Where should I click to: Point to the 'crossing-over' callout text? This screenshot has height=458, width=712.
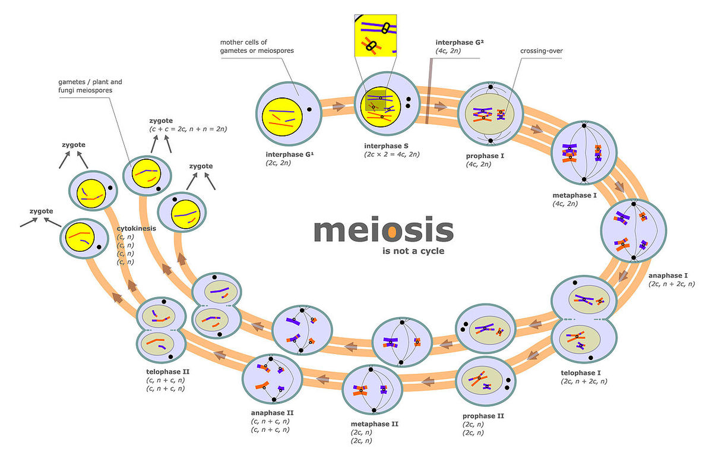pos(541,51)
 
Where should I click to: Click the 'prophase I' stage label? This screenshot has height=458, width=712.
pos(486,156)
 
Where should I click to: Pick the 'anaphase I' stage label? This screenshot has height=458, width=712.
pos(668,276)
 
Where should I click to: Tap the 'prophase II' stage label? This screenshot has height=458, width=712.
pos(483,416)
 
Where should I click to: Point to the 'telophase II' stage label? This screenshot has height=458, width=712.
pos(166,371)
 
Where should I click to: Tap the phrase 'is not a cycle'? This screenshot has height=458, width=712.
pos(413,251)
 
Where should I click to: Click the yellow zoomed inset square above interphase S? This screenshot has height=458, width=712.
pos(375,36)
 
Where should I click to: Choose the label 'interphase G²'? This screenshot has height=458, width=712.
pos(458,42)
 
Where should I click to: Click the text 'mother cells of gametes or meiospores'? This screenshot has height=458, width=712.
pos(257,46)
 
